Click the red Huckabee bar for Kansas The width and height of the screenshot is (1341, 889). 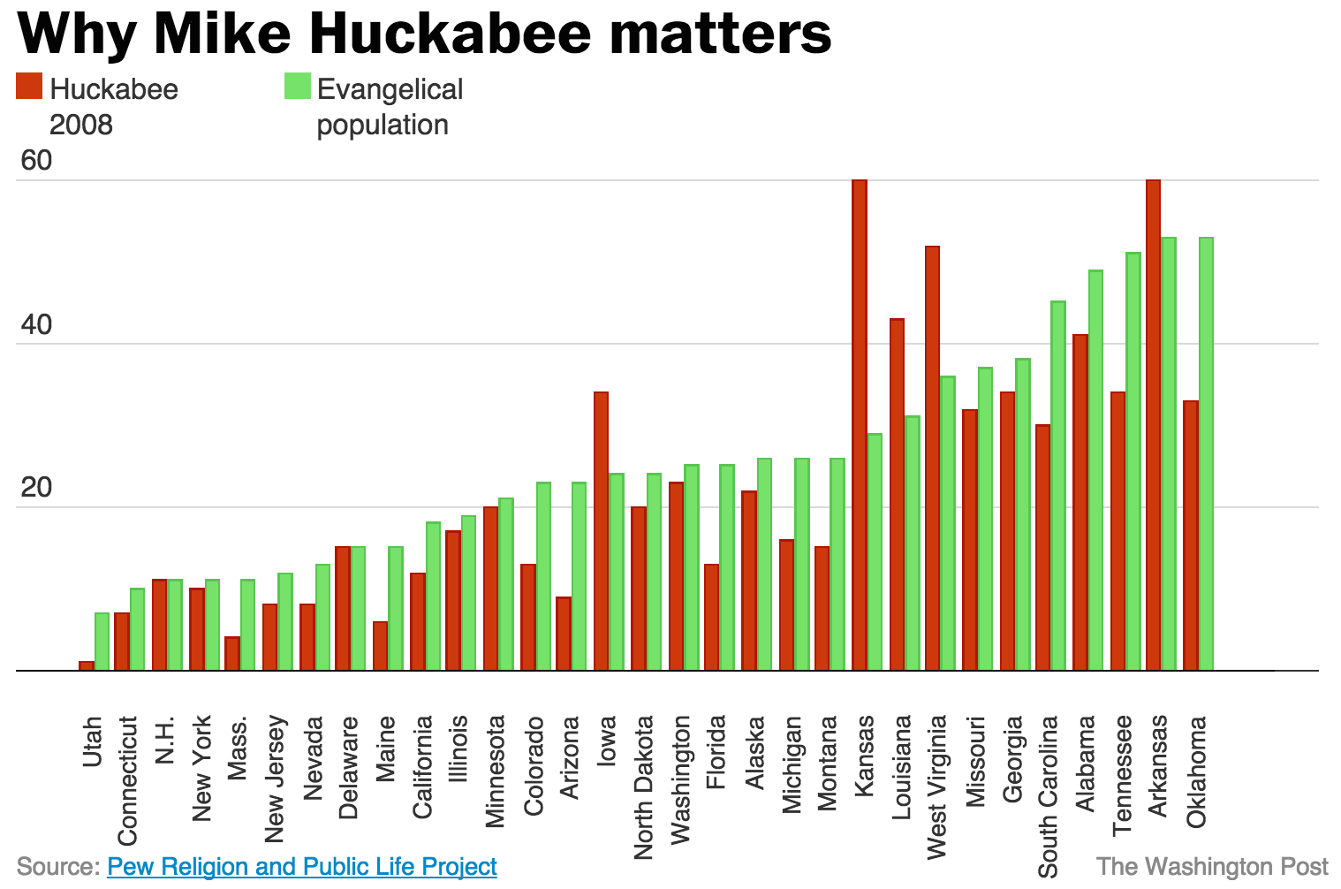[x=859, y=424]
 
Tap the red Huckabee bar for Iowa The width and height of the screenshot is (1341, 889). [x=601, y=530]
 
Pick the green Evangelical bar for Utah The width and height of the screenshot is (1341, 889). [x=102, y=641]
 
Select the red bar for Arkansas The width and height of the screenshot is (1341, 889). [x=1153, y=424]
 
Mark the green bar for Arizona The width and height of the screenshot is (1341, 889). [x=579, y=575]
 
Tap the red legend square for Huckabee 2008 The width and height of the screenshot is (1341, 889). [x=29, y=87]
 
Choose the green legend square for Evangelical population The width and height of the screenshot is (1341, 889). [x=297, y=87]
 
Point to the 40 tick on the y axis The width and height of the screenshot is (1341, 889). [x=37, y=325]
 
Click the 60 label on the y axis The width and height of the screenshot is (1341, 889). [x=37, y=161]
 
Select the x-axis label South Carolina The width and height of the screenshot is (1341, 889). [x=1048, y=796]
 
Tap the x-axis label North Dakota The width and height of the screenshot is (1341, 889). [x=643, y=786]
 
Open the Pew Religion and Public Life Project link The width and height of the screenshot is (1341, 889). [x=302, y=867]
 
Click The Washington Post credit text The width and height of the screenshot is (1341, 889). [x=1212, y=867]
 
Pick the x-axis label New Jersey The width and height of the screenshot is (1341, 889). [x=275, y=779]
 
